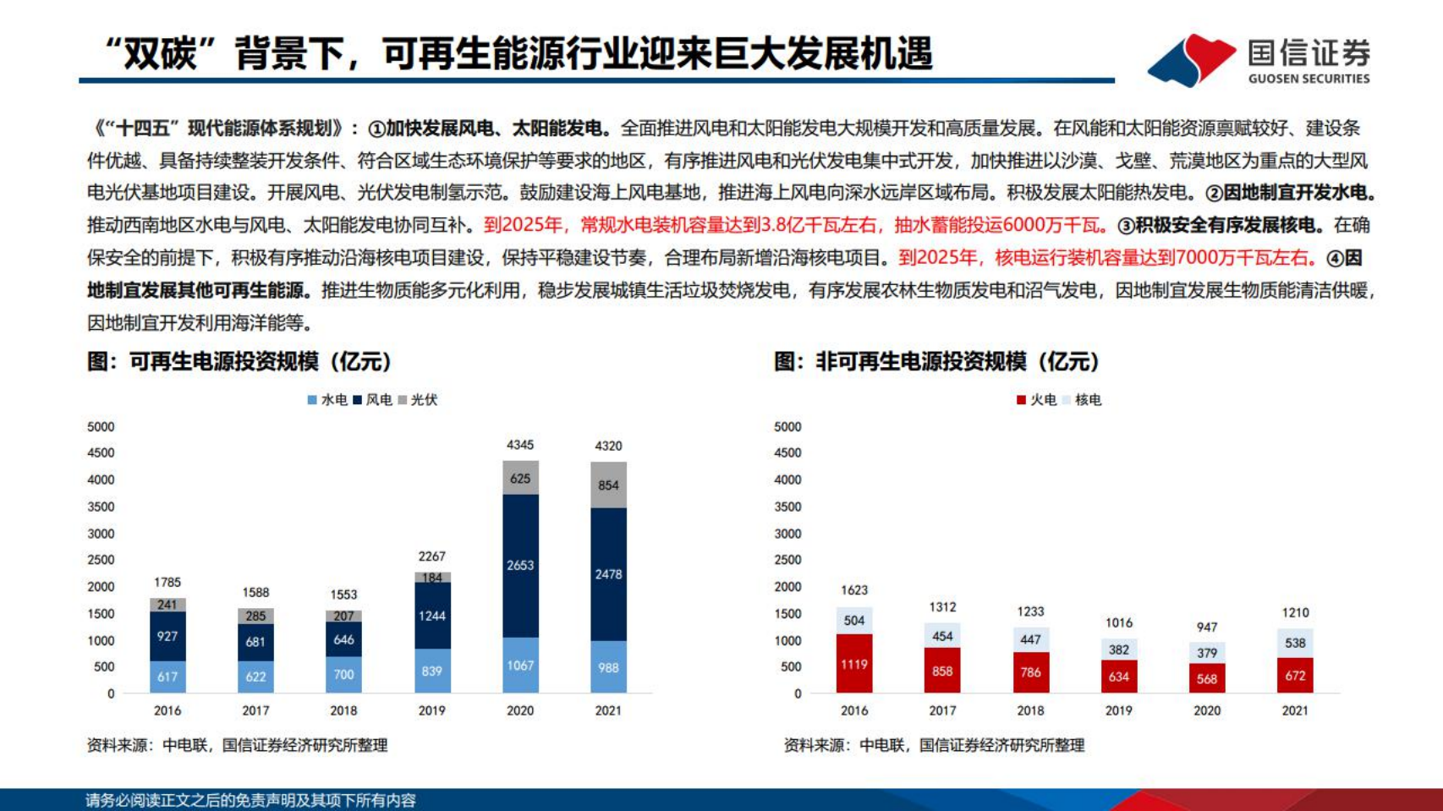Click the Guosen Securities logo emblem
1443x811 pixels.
click(x=1191, y=59)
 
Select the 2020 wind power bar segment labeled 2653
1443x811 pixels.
click(x=520, y=565)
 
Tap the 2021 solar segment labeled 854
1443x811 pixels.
click(x=608, y=485)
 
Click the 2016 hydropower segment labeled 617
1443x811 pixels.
click(x=167, y=677)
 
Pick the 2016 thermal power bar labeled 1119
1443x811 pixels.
click(x=854, y=665)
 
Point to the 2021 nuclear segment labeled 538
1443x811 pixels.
click(x=1295, y=643)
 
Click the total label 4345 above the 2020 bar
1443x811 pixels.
click(x=520, y=445)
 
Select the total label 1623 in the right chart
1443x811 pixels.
click(x=854, y=590)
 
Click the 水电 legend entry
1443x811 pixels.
click(x=327, y=400)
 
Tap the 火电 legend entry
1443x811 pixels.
click(x=1037, y=400)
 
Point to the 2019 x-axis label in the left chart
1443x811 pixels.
click(x=431, y=710)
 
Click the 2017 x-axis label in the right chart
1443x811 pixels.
click(x=942, y=710)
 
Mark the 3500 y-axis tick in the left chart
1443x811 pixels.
click(x=101, y=507)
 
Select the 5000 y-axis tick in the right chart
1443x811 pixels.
click(x=787, y=427)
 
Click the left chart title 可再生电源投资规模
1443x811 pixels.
click(x=239, y=362)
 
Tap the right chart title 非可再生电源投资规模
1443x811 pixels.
click(x=936, y=362)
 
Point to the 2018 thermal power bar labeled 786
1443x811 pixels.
click(x=1030, y=673)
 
